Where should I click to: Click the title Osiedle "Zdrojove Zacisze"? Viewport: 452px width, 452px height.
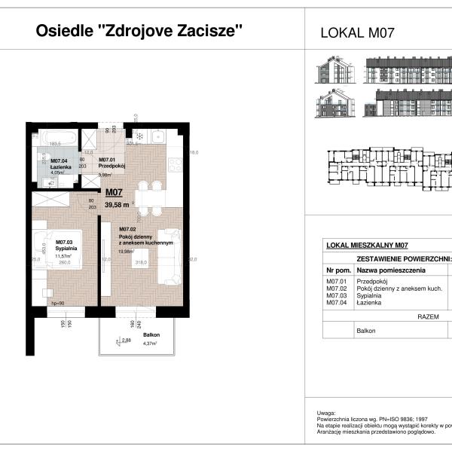pyautogui.click(x=140, y=31)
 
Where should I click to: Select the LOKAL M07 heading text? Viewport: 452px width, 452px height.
pyautogui.click(x=358, y=32)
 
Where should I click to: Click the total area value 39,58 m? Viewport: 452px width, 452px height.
pyautogui.click(x=117, y=203)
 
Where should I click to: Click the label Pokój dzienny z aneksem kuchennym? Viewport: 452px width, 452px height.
pyautogui.click(x=147, y=240)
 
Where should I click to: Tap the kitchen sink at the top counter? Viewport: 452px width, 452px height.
pyautogui.click(x=159, y=136)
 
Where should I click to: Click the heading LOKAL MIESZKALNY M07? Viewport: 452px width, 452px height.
pyautogui.click(x=367, y=245)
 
